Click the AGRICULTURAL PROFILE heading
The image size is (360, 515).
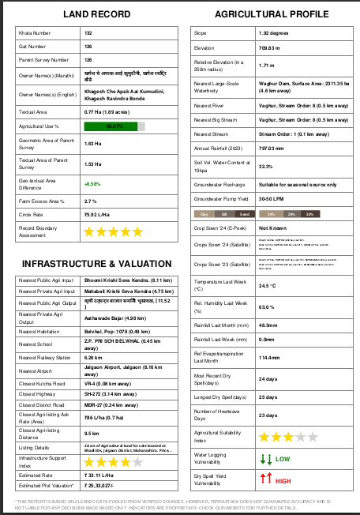point(271,15)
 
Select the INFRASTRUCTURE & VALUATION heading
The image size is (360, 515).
point(96,263)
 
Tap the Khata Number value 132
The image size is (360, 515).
point(88,33)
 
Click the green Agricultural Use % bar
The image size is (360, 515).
point(115,126)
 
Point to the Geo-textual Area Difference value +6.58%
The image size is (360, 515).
point(92,183)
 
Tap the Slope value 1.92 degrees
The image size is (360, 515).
point(272,33)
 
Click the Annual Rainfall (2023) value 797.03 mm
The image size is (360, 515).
point(271,148)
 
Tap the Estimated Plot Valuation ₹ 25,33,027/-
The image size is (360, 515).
point(107,485)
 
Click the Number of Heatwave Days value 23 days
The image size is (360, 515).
point(268,415)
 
